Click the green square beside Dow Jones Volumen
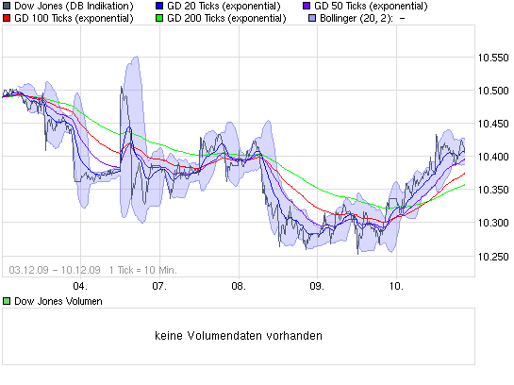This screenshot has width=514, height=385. [6, 301]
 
